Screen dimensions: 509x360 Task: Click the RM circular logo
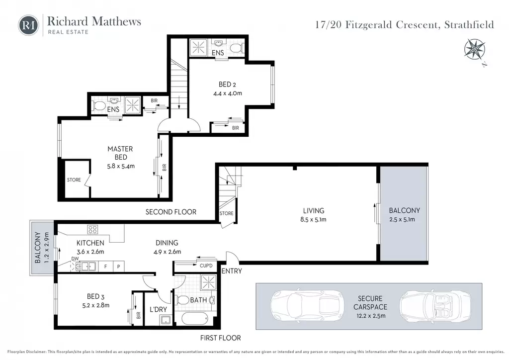coord(28,25)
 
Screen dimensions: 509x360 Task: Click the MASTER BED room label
coord(120,153)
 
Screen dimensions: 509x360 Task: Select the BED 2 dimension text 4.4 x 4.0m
coord(228,93)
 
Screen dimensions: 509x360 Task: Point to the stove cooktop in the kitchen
coord(92,230)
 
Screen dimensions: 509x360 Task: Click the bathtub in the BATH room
coord(194,318)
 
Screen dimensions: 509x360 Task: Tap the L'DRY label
coord(158,309)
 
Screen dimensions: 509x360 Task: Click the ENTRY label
coord(232,270)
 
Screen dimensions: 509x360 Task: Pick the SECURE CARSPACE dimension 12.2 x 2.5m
coord(370,316)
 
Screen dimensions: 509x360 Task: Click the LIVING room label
coord(314,211)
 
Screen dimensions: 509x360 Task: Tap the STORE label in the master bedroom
coord(74,180)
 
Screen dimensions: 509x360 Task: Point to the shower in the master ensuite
coord(132,105)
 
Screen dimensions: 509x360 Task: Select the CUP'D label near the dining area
coord(206,266)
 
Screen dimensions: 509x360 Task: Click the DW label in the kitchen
coord(75,259)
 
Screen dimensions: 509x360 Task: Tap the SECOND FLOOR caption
coord(171,212)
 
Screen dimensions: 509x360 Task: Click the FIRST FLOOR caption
coord(220,338)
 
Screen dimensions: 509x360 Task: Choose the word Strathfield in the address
coord(469,25)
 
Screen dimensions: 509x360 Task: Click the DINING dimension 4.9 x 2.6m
coord(167,252)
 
